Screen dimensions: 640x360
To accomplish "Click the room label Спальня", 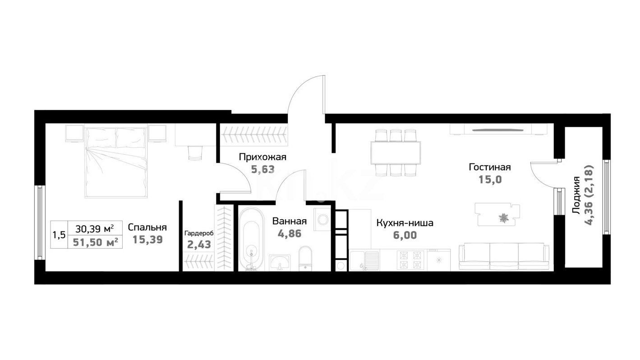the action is pyautogui.click(x=147, y=227).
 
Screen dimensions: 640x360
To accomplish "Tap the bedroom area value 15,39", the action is pyautogui.click(x=147, y=240).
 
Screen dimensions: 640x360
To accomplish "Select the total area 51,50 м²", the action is pyautogui.click(x=96, y=242).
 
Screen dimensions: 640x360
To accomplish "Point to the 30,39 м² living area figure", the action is pyautogui.click(x=95, y=229).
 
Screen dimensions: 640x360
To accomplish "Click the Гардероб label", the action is pyautogui.click(x=199, y=233).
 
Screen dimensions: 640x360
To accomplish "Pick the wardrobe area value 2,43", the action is pyautogui.click(x=199, y=245).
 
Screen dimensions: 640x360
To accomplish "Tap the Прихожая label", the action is pyautogui.click(x=262, y=157).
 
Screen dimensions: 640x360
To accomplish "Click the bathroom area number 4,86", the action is pyautogui.click(x=290, y=234).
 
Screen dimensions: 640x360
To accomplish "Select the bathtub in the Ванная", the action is pyautogui.click(x=251, y=239).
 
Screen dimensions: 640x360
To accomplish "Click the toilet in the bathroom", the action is pyautogui.click(x=305, y=258).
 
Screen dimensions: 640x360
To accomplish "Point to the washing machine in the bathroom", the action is pyautogui.click(x=323, y=219).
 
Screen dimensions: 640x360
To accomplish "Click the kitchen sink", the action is pyautogui.click(x=364, y=260).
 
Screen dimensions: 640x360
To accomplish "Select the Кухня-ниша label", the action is pyautogui.click(x=405, y=223).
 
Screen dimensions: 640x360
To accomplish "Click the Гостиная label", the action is pyautogui.click(x=490, y=167).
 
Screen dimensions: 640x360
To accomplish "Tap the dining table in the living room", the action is pyautogui.click(x=396, y=153).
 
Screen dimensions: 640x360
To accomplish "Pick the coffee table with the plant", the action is pyautogui.click(x=497, y=214).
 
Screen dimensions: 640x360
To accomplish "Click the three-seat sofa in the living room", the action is pyautogui.click(x=504, y=256).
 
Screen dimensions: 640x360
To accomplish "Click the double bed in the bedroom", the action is pyautogui.click(x=116, y=162).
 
